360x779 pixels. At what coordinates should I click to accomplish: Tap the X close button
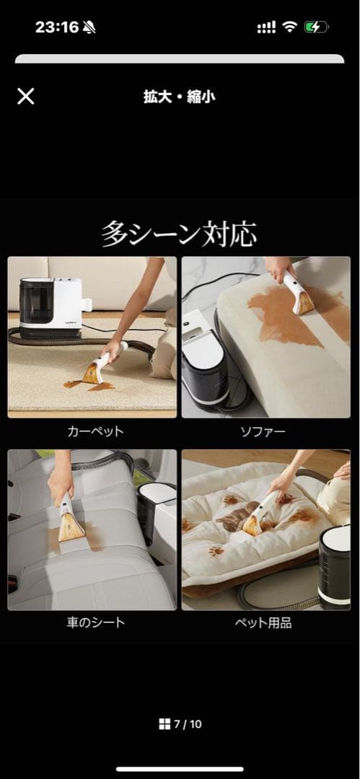pos(25,97)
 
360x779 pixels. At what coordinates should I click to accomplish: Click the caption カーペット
pos(95,431)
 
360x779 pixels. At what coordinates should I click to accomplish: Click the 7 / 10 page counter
pos(187,724)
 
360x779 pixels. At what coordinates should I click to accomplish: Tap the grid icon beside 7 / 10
pos(164,724)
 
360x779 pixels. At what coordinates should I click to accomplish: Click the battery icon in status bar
pos(316,27)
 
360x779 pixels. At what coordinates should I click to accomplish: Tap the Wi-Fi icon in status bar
pos(290,27)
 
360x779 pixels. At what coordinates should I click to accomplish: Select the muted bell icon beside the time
pos(89,28)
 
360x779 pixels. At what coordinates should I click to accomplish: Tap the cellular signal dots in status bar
pos(266,27)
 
